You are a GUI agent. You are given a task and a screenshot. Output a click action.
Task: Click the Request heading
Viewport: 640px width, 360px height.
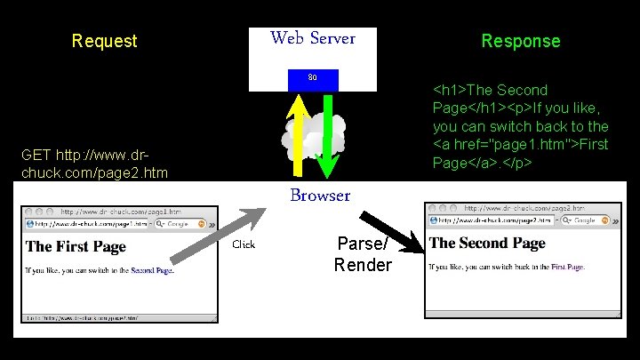pos(105,41)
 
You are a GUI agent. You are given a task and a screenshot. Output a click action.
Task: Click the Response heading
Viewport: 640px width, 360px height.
pos(521,41)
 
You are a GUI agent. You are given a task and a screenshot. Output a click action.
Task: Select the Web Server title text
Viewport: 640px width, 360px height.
pos(313,38)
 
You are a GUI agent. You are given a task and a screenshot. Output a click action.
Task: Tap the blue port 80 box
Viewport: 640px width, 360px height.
pos(313,78)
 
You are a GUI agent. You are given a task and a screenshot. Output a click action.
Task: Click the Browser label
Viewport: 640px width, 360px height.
pos(318,196)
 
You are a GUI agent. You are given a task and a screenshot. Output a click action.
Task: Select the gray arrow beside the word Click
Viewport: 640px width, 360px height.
pos(219,236)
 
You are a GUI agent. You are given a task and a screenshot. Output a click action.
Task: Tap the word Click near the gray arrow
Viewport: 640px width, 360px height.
pos(244,244)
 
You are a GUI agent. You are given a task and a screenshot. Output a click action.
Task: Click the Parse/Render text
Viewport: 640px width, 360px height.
pos(363,254)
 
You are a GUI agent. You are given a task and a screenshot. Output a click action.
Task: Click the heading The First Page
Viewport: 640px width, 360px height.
pos(76,246)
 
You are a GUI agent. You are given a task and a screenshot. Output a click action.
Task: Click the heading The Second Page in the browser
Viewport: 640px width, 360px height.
pos(487,243)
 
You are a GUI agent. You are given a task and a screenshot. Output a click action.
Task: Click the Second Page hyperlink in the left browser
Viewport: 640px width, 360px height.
pos(151,269)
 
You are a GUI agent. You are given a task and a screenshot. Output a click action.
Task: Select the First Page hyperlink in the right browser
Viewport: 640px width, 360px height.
pos(567,266)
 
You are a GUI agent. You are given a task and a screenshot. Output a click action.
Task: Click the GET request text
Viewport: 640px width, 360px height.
pos(83,164)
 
